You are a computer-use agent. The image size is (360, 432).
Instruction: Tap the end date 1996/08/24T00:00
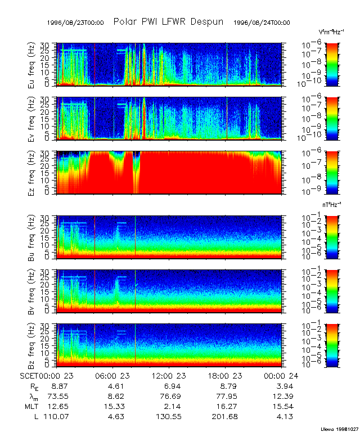pyautogui.click(x=262, y=22)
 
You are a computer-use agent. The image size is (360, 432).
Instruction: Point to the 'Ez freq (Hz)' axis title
pyautogui.click(x=31, y=173)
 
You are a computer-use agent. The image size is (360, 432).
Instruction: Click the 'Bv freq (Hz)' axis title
pyautogui.click(x=31, y=291)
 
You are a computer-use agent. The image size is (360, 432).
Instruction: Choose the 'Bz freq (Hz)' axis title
pyautogui.click(x=31, y=345)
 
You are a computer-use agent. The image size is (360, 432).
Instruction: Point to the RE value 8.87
pyautogui.click(x=59, y=386)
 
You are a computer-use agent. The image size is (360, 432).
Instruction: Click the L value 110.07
pyautogui.click(x=56, y=417)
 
